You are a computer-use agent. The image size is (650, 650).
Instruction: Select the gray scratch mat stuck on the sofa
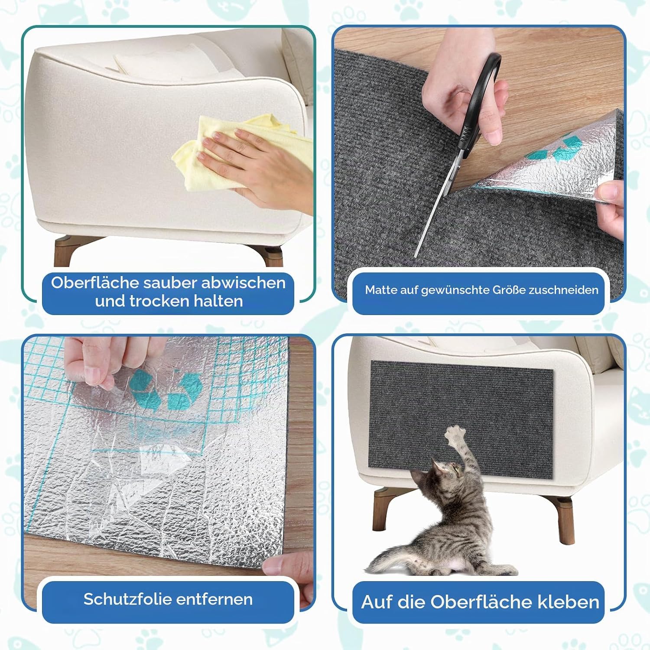tap(461, 419)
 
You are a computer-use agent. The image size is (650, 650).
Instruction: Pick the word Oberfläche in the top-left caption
tap(94, 283)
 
